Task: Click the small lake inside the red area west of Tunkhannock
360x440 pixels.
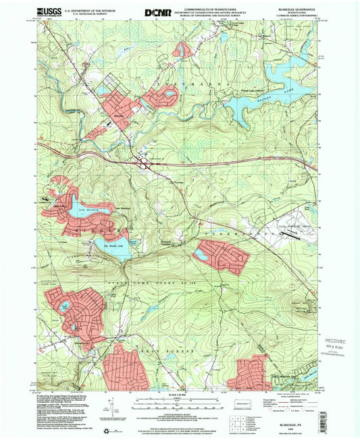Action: [x=201, y=256]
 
